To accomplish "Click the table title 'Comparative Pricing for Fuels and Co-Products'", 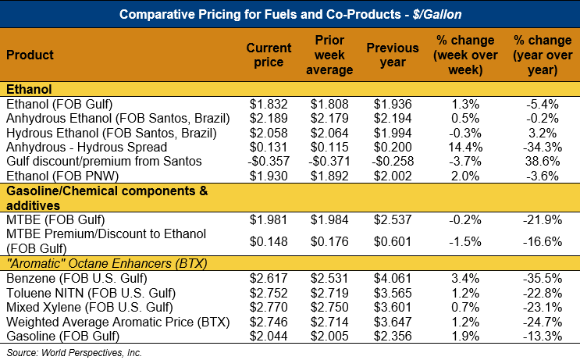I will point(290,14).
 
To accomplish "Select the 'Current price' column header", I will point(269,55).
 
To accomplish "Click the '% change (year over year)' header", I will point(539,55).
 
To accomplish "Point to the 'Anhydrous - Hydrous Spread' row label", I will point(86,147).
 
